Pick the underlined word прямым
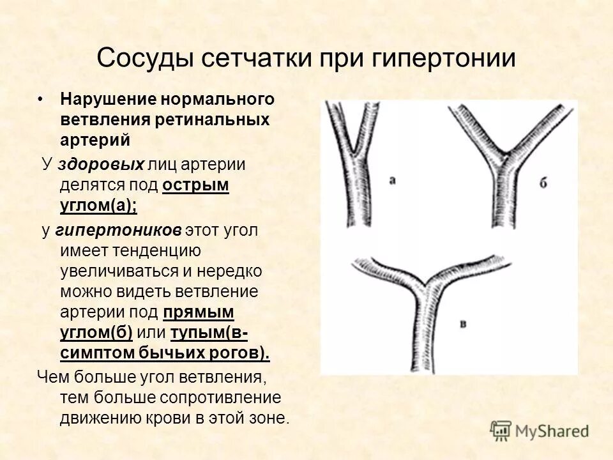[199, 312]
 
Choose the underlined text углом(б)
[96, 332]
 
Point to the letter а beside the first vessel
[393, 181]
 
